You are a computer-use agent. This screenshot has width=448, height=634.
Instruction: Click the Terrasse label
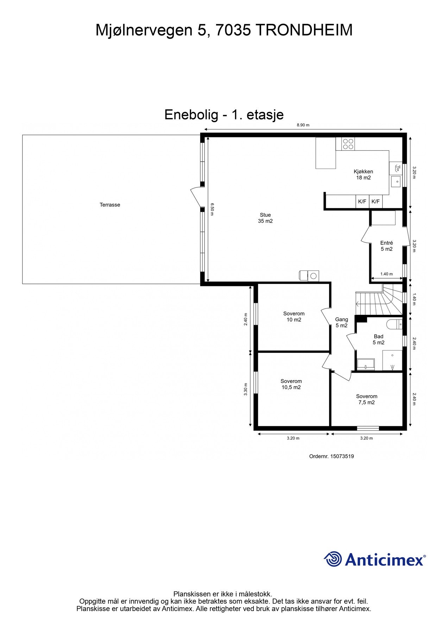110,205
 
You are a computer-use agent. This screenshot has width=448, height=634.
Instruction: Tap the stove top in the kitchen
348,144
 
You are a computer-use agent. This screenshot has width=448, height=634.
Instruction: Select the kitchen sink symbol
396,182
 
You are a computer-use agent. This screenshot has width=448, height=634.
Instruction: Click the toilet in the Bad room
393,324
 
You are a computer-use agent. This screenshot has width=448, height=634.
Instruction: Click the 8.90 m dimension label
303,125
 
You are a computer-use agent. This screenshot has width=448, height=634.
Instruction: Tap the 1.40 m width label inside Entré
386,274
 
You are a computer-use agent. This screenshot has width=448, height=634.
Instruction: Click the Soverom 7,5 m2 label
366,399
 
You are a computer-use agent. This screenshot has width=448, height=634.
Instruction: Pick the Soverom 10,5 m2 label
291,384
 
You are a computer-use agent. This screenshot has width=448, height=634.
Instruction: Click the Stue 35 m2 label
265,218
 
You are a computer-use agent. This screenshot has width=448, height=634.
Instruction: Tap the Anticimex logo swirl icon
333,559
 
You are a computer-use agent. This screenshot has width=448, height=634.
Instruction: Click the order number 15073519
341,456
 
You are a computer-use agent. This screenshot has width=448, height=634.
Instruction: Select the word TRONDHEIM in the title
304,30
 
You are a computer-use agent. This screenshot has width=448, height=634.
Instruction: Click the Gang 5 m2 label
341,322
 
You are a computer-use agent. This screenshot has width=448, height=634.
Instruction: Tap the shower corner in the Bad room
392,360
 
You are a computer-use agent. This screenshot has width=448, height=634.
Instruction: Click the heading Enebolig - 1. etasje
224,115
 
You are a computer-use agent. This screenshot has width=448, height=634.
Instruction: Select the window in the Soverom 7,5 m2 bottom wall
368,428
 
